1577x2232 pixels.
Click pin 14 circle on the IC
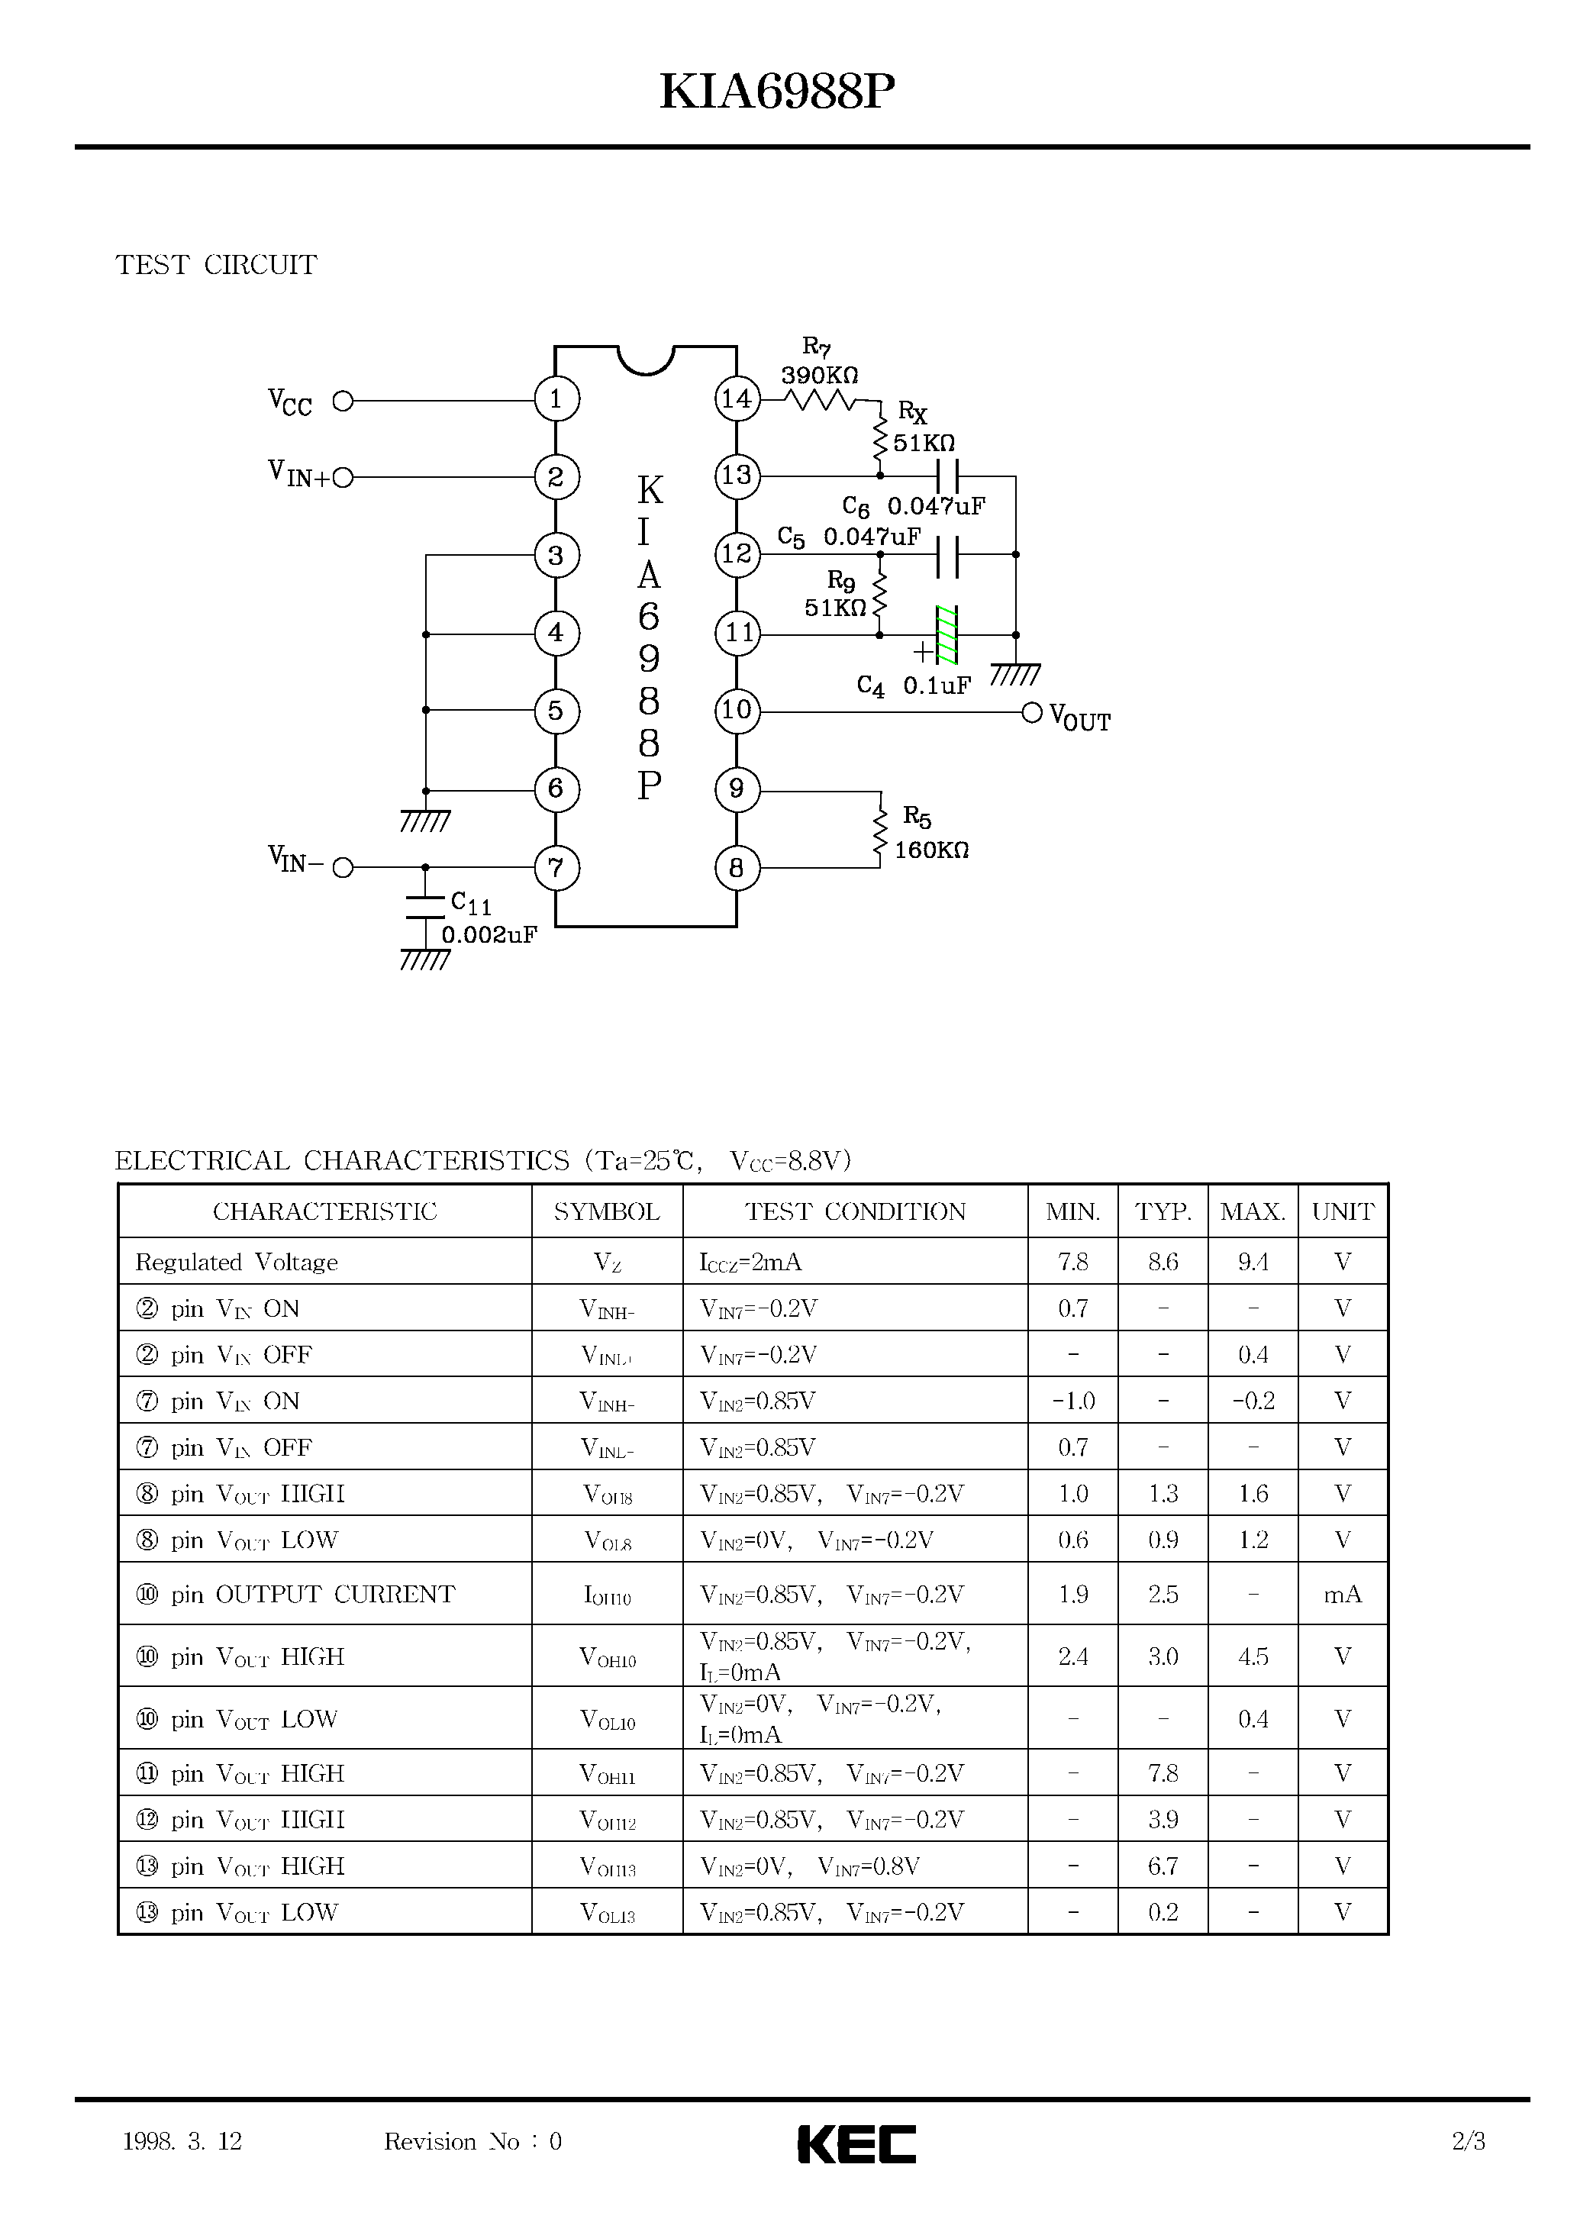click(x=737, y=398)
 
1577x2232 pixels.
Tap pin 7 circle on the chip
click(x=556, y=867)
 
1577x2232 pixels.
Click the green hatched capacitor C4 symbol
click(x=946, y=635)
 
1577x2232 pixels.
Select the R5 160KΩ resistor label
click(x=930, y=834)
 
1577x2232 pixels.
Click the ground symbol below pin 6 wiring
click(x=425, y=821)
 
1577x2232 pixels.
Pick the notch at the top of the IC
click(x=646, y=359)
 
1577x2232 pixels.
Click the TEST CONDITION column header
click(x=855, y=1211)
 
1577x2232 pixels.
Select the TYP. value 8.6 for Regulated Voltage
click(x=1163, y=1262)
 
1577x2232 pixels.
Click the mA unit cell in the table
click(x=1342, y=1595)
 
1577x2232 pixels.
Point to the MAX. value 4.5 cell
click(x=1253, y=1656)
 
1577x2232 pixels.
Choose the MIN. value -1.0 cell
click(x=1072, y=1401)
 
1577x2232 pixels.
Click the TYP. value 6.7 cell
click(x=1163, y=1866)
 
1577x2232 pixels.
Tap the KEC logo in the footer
click(x=856, y=2143)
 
